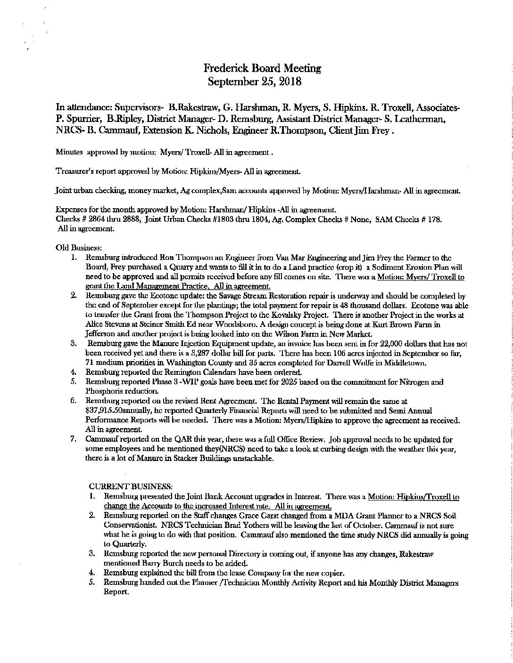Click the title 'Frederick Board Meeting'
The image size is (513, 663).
pos(263,68)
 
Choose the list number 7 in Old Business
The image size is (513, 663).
pos(74,439)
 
